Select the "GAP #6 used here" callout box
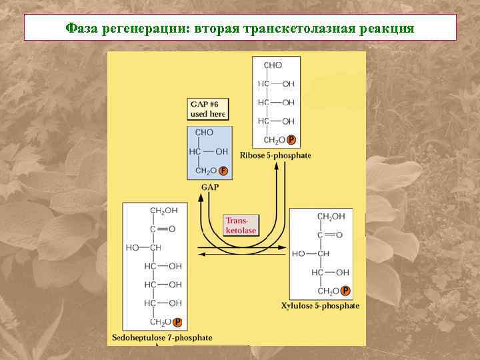pos(208,109)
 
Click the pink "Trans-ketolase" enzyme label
pos(241,225)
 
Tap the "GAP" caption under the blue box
pos(210,187)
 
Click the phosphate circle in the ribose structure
pos(291,140)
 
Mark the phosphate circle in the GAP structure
pos(223,171)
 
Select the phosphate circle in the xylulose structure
pos(345,291)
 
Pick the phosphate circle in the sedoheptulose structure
pos(177,323)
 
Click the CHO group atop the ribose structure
pos(273,65)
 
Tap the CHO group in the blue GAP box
pos(205,133)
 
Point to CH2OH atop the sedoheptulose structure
pos(163,211)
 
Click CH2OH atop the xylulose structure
pos(331,217)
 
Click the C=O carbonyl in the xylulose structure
pos(330,235)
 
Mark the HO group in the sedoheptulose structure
pos(132,247)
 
